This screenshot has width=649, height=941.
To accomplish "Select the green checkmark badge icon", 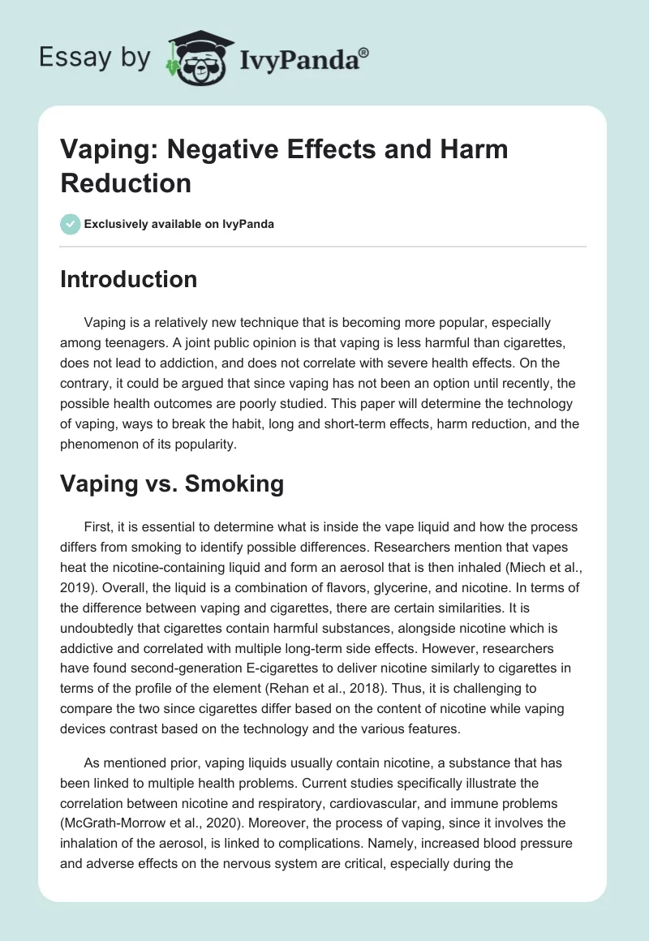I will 71,224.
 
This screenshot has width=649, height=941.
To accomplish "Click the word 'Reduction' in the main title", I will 126,183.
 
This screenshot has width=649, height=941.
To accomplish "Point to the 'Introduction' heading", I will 128,279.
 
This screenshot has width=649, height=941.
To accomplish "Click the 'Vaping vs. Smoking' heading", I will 172,483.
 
